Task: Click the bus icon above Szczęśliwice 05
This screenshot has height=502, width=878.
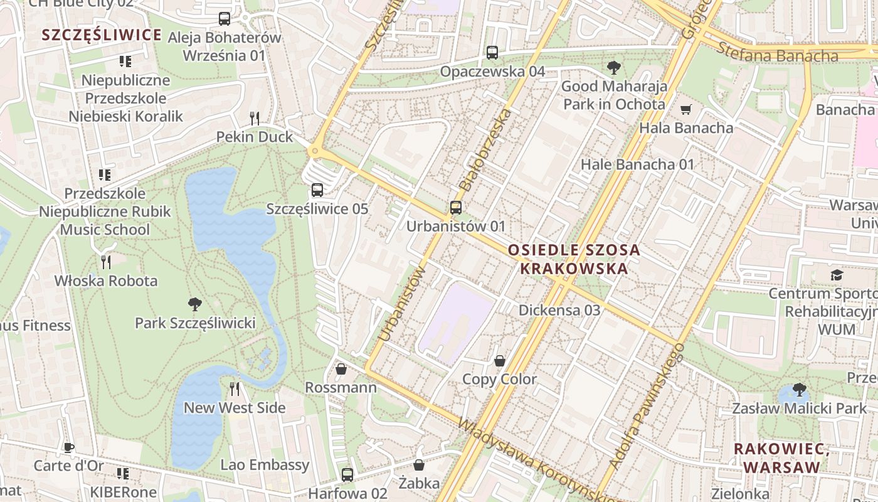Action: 317,190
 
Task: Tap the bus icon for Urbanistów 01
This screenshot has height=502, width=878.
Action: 456,207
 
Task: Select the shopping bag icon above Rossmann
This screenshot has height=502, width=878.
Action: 341,368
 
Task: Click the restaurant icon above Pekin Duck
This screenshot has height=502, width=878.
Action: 255,118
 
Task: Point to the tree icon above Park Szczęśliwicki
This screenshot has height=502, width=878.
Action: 195,304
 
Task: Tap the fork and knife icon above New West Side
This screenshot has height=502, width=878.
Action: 235,389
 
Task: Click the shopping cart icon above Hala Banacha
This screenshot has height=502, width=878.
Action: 686,110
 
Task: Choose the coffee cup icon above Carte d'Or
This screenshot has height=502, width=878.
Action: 68,447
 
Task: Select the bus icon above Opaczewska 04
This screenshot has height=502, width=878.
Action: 492,53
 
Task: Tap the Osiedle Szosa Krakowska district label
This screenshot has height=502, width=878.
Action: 574,259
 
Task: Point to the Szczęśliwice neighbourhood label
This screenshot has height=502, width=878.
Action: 102,35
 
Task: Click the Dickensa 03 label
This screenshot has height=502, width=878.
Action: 559,310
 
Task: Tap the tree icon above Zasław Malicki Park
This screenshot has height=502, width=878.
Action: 799,390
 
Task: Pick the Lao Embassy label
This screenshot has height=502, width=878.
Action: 265,465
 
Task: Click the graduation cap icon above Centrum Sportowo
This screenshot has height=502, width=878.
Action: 837,275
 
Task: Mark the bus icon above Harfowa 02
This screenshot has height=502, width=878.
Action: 347,475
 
